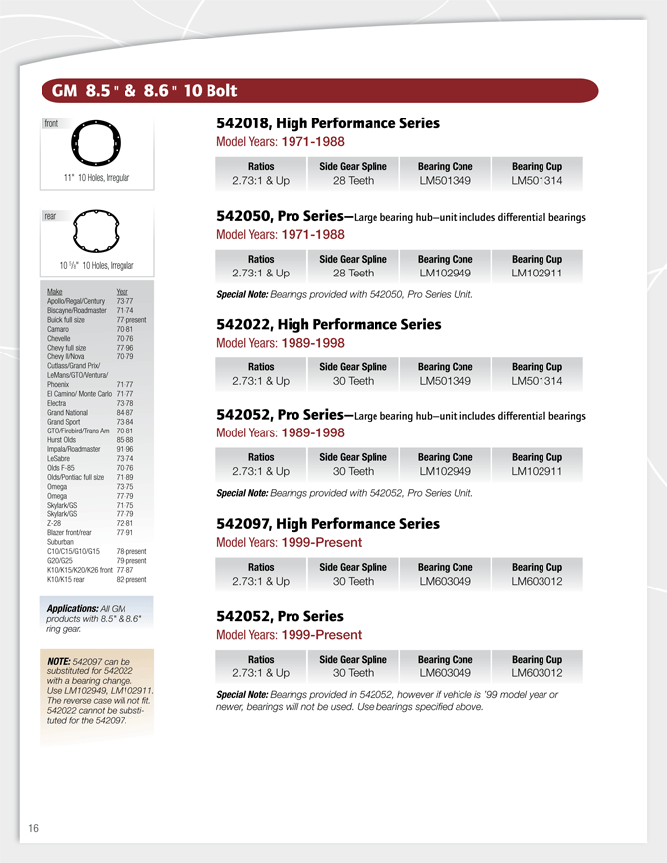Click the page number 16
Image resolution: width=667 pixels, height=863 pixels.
[x=33, y=828]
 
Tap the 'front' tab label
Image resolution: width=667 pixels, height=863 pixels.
[x=51, y=124]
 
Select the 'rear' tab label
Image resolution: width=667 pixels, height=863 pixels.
[x=50, y=215]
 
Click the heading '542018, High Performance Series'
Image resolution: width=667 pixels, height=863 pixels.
[x=327, y=123]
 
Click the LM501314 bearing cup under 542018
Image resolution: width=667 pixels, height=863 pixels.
[x=537, y=181]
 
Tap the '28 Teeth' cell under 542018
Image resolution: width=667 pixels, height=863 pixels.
[x=353, y=181]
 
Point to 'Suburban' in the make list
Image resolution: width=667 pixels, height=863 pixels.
[x=62, y=541]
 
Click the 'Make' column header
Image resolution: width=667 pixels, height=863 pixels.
[x=55, y=292]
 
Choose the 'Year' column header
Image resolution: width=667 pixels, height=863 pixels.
[x=122, y=292]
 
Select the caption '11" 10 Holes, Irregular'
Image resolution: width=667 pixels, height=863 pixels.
[x=97, y=178]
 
